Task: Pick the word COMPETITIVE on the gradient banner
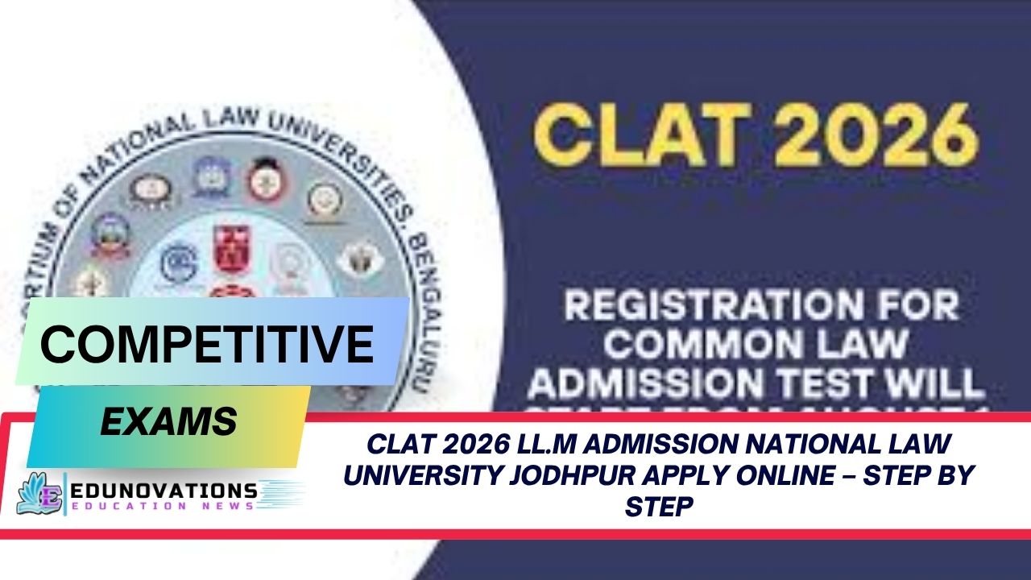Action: (x=207, y=343)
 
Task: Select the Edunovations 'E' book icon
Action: (x=40, y=493)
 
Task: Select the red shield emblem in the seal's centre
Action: (x=230, y=250)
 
